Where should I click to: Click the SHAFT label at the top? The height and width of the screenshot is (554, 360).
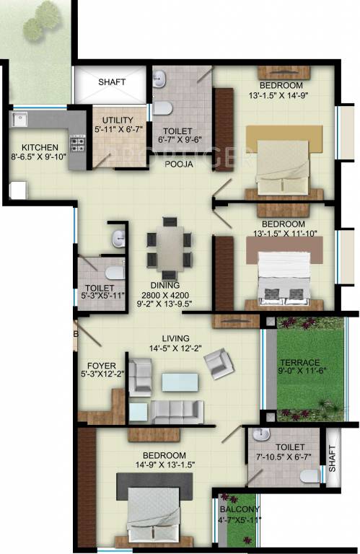click(x=112, y=82)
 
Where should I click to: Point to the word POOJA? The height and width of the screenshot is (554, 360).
click(x=177, y=164)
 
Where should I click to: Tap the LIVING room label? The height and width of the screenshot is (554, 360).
click(x=176, y=338)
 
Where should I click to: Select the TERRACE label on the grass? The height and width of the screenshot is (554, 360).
click(x=302, y=362)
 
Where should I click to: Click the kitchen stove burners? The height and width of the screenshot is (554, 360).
click(x=74, y=137)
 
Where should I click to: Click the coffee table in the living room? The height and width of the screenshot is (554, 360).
click(x=179, y=382)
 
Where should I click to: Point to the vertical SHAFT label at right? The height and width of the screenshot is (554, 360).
click(x=333, y=457)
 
